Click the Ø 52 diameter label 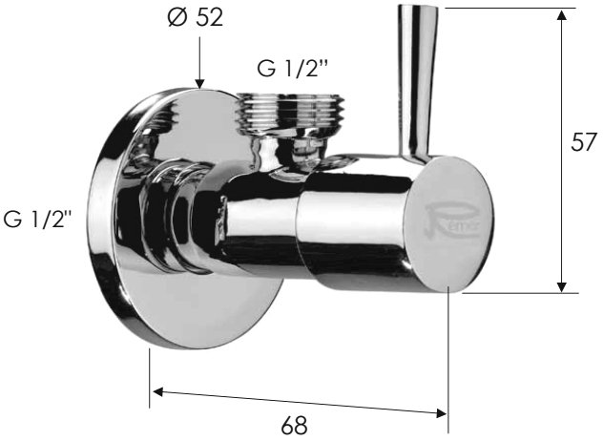pos(196,17)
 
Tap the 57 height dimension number pos(583,141)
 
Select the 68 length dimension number pos(294,426)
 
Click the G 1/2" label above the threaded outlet pos(293,69)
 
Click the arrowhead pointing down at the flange pos(199,83)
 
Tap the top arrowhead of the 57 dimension pos(562,15)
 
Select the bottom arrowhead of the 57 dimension pos(562,286)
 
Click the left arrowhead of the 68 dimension pos(158,391)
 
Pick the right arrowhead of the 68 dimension pos(441,413)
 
